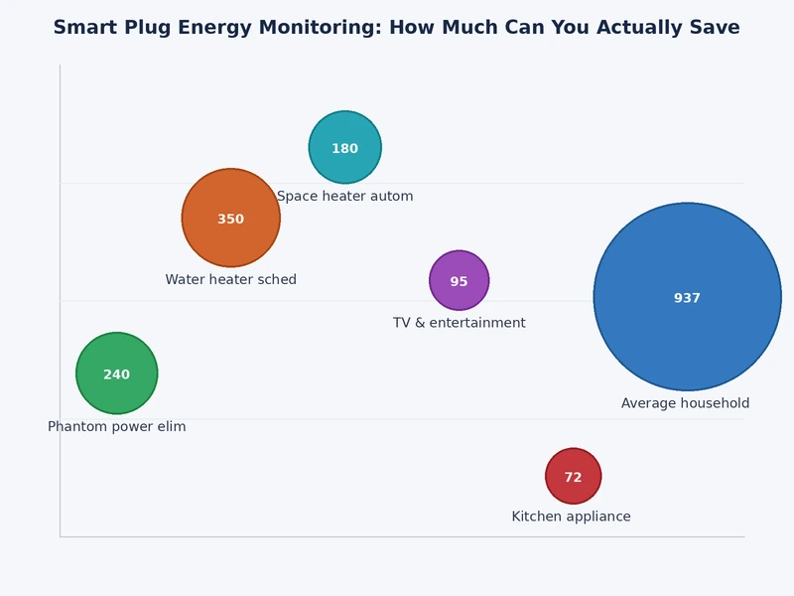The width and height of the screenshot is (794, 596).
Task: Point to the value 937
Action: coord(687,298)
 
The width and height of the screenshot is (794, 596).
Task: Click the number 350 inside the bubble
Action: coord(230,220)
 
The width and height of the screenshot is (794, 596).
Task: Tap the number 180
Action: coord(344,149)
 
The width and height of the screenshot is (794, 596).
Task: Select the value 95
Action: coord(459,282)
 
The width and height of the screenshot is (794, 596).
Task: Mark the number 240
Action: coord(116,374)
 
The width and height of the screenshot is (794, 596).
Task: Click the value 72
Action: coord(573,478)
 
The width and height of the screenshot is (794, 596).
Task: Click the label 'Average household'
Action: coord(685,403)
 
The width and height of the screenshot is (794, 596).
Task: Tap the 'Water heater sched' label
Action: coord(230,280)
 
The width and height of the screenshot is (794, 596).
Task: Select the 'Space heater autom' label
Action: coord(344,197)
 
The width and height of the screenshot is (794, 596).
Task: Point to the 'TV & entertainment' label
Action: coord(459,323)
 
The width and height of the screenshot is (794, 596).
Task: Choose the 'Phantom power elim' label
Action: coord(116,427)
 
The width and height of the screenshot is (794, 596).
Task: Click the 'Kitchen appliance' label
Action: coord(571,517)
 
